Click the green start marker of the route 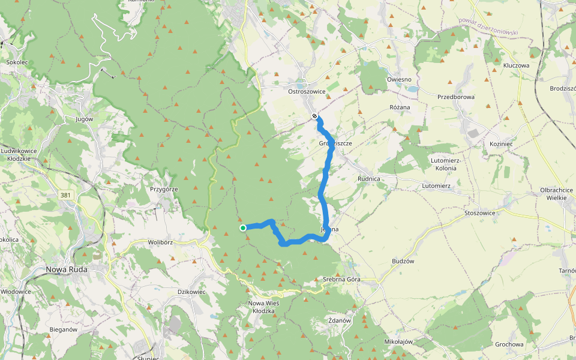click(243, 228)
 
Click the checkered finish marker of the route click(315, 116)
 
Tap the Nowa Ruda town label click(67, 269)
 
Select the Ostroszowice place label click(307, 92)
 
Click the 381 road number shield click(66, 195)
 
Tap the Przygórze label click(164, 189)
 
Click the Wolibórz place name click(160, 243)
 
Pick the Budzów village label click(403, 262)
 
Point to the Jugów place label click(85, 119)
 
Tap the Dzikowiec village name click(192, 292)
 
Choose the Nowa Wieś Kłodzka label click(263, 307)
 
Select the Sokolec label click(17, 62)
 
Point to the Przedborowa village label click(456, 97)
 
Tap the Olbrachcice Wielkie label click(556, 194)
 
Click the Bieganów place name click(63, 329)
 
